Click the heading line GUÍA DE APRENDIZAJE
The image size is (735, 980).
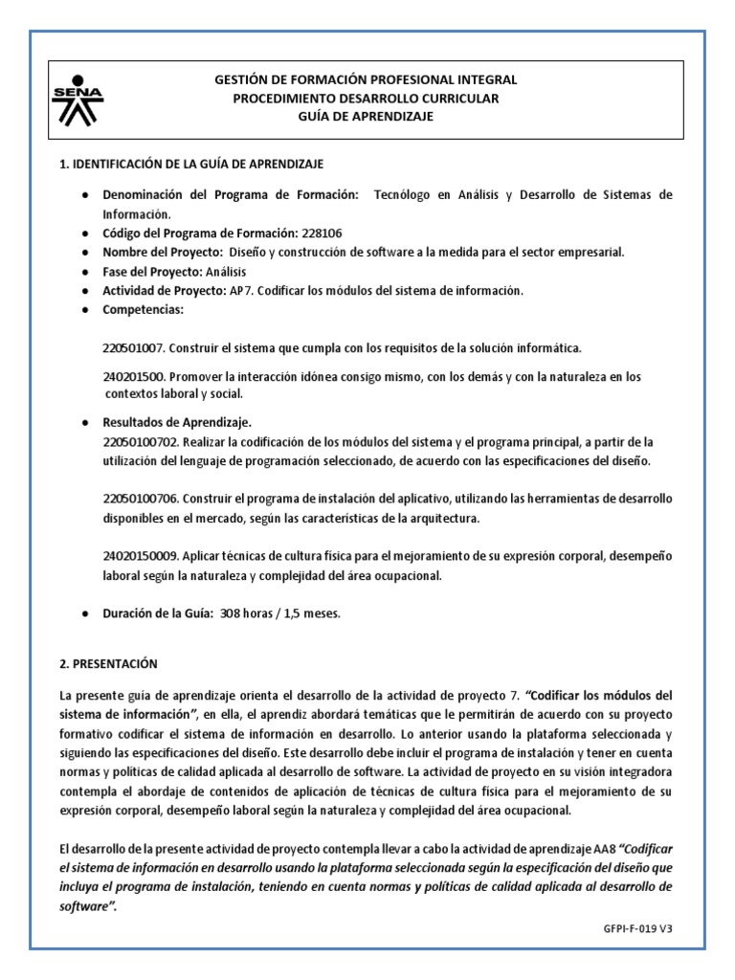[366, 116]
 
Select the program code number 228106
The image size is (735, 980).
[329, 233]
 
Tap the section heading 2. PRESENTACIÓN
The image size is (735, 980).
[108, 663]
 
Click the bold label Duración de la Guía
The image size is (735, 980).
[158, 613]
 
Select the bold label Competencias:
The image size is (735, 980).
[143, 310]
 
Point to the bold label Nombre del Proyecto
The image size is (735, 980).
[162, 252]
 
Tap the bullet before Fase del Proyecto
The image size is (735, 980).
[86, 272]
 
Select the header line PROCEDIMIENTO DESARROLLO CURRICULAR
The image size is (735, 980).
[366, 98]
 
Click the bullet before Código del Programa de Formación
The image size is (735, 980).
[86, 233]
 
